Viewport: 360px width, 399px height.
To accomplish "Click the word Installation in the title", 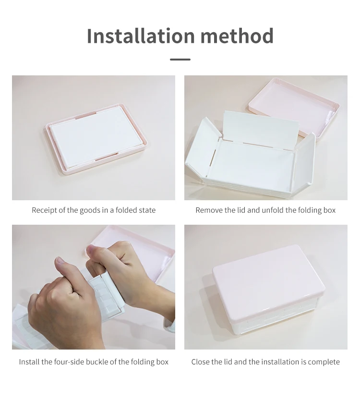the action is point(141,36).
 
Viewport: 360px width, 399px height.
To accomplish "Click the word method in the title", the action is point(237,36).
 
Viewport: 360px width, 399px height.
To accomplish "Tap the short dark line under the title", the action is point(180,60).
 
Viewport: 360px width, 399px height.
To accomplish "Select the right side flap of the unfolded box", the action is point(304,158).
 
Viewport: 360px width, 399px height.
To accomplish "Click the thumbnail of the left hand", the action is point(60,260).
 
